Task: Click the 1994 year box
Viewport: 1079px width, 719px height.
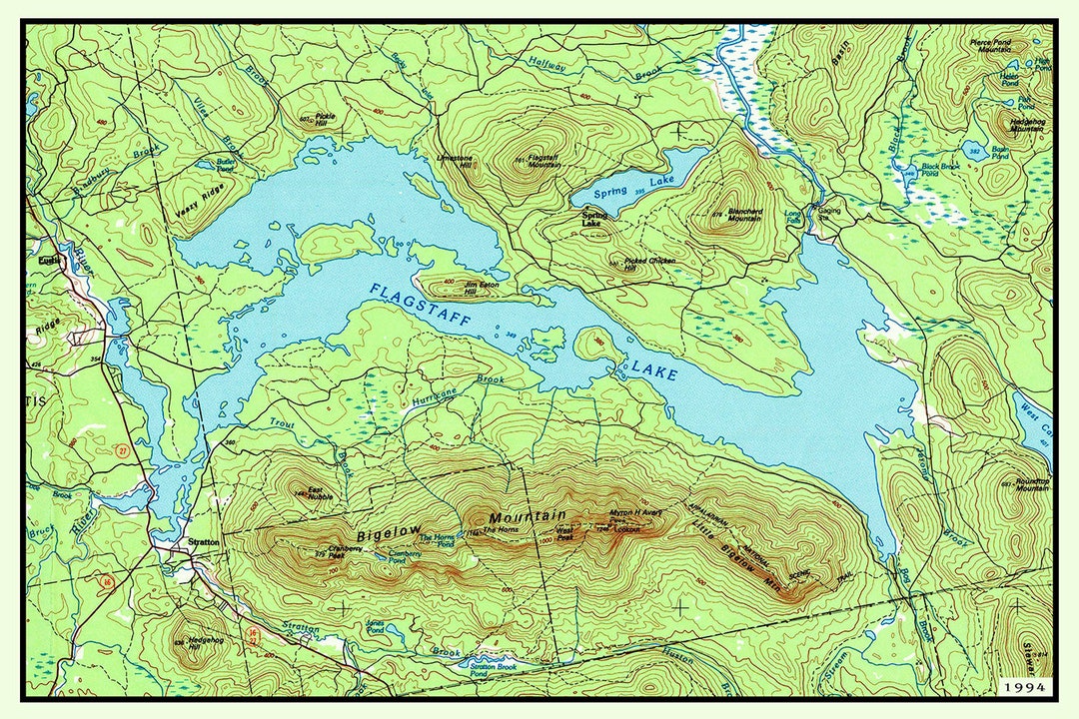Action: pos(1024,688)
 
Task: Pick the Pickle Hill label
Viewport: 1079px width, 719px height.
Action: pos(326,120)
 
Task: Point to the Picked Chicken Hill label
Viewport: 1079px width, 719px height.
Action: pos(649,264)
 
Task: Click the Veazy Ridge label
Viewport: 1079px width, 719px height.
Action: pos(199,205)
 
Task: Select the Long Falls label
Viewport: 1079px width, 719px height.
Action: pos(793,216)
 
